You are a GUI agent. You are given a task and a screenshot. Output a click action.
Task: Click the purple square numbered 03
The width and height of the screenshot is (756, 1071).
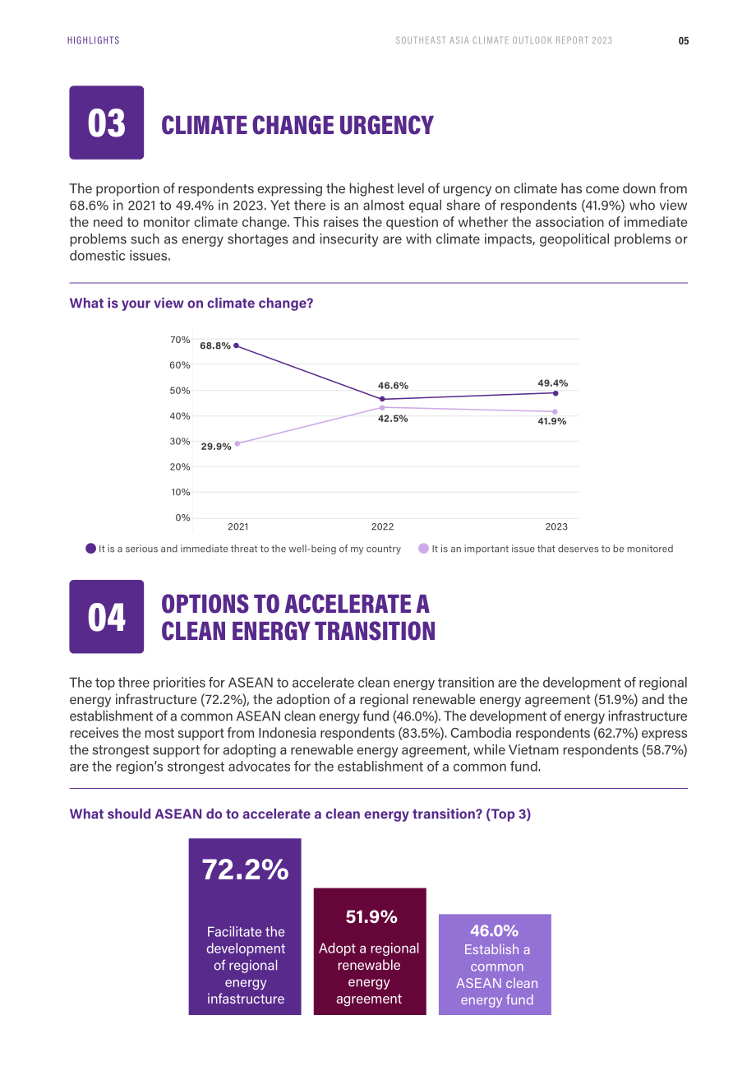pyautogui.click(x=107, y=123)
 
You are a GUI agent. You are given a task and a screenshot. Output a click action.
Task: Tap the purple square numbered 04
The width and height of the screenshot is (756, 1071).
pyautogui.click(x=107, y=616)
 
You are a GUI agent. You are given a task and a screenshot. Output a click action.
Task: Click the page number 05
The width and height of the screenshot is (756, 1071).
pyautogui.click(x=684, y=40)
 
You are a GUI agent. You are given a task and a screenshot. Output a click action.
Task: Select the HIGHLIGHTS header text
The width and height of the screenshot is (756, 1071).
pyautogui.click(x=93, y=40)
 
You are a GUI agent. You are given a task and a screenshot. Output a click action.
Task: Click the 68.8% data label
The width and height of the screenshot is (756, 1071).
pyautogui.click(x=215, y=345)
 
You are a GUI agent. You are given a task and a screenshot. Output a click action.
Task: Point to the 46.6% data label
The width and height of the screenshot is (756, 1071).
pyautogui.click(x=393, y=385)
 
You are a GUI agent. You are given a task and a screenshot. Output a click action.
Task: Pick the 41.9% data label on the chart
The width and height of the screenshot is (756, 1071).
pyautogui.click(x=552, y=421)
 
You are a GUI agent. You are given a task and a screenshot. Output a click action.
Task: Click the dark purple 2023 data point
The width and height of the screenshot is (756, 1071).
pyautogui.click(x=555, y=393)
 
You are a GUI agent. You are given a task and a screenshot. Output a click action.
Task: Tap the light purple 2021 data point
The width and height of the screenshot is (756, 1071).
pyautogui.click(x=237, y=443)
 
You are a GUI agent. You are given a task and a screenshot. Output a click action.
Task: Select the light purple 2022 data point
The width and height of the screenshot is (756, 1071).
pyautogui.click(x=382, y=407)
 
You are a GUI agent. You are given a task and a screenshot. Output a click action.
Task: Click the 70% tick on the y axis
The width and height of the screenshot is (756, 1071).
pyautogui.click(x=180, y=340)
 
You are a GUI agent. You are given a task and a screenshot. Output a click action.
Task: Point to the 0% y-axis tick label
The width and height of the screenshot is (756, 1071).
pyautogui.click(x=183, y=517)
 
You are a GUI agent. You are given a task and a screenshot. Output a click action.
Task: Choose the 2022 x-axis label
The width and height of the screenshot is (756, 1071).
pyautogui.click(x=383, y=526)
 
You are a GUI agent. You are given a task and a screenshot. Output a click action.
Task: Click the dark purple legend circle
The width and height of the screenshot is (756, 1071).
pyautogui.click(x=90, y=549)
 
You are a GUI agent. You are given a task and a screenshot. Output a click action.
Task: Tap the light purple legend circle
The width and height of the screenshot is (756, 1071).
pyautogui.click(x=424, y=549)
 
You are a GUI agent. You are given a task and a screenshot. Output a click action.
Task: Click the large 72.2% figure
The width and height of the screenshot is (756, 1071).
pyautogui.click(x=246, y=869)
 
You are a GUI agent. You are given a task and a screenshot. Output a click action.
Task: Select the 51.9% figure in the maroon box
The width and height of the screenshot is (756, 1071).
pyautogui.click(x=371, y=917)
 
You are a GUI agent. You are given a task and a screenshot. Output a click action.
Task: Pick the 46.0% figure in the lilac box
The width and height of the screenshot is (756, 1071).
pyautogui.click(x=495, y=930)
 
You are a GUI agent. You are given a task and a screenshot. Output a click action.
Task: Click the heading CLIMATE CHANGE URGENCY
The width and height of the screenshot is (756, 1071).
pyautogui.click(x=297, y=125)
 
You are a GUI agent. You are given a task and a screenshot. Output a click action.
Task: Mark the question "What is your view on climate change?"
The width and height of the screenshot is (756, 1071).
pyautogui.click(x=191, y=304)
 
